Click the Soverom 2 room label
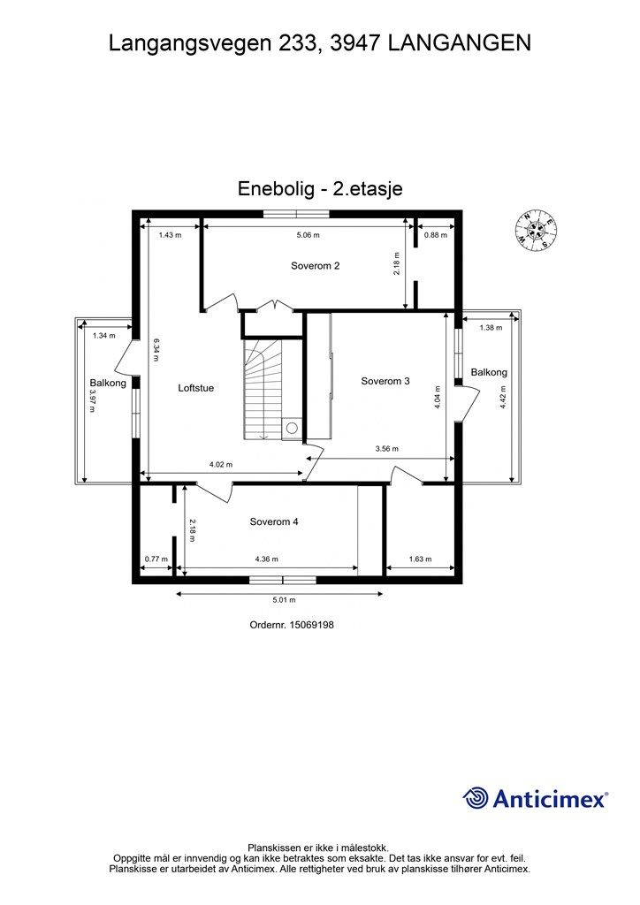point(316,265)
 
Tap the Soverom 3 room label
point(385,381)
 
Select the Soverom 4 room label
point(274,521)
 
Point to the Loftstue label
point(195,387)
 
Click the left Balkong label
point(108,383)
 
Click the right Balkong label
point(489,372)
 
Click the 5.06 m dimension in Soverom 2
point(309,235)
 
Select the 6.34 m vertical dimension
point(156,347)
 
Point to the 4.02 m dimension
point(221,464)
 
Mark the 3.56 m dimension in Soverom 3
point(386,448)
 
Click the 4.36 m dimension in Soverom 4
point(266,559)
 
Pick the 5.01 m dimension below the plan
point(284,600)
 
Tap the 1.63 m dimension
point(421,559)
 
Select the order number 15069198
point(292,624)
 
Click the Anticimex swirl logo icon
point(476,798)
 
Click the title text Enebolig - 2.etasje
point(320,188)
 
